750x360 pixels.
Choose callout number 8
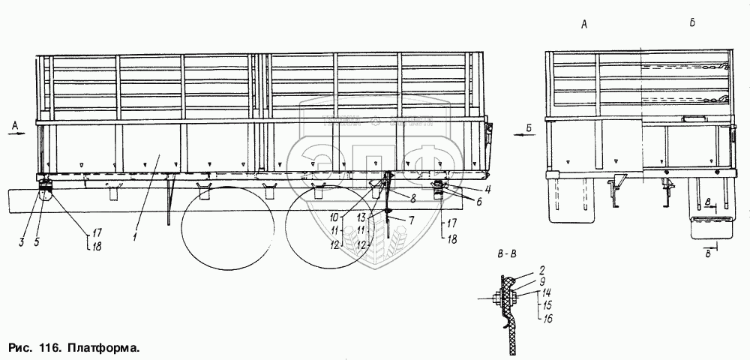tap(412, 197)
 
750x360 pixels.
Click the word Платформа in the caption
tap(103, 349)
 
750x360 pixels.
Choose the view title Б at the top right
tap(691, 25)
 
